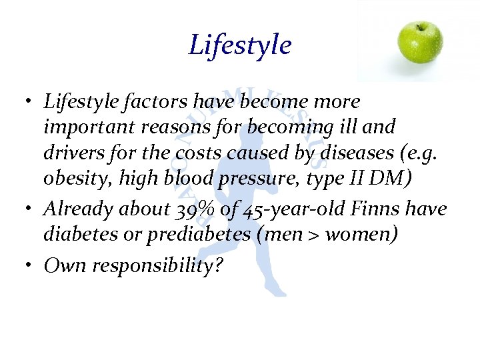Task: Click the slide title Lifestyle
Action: (240, 45)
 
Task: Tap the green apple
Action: (420, 41)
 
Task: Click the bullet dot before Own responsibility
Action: (32, 265)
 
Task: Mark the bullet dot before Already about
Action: (32, 209)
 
